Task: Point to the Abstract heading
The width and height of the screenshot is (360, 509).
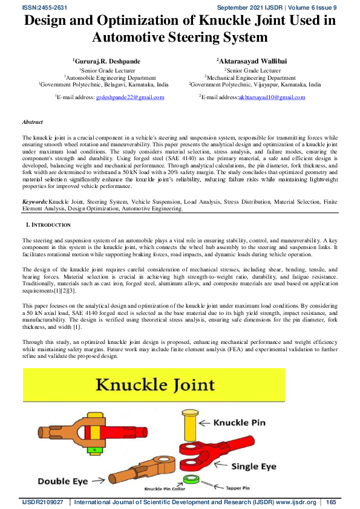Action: click(x=32, y=122)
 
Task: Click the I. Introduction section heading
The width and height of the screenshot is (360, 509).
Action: click(x=48, y=207)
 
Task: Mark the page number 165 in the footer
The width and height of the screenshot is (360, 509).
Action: click(x=331, y=502)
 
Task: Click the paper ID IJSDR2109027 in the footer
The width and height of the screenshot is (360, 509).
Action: click(x=42, y=502)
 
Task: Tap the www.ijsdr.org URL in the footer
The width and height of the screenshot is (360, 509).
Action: click(x=293, y=502)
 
